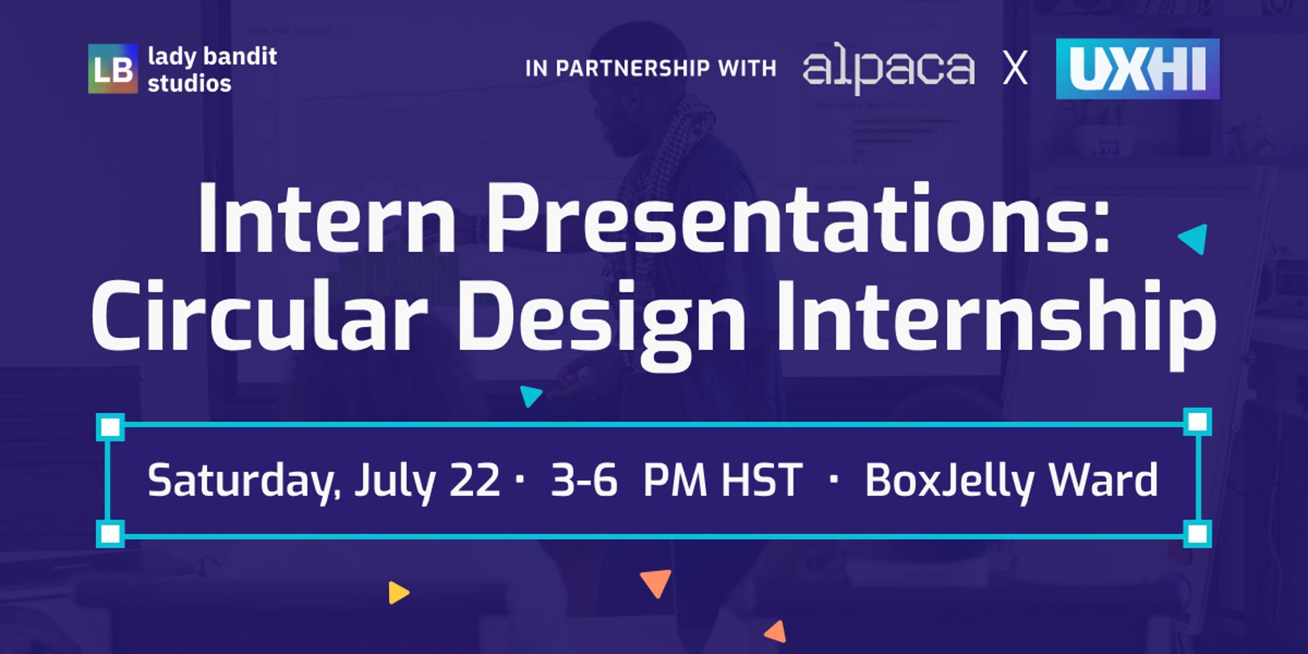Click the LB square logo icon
coord(112,69)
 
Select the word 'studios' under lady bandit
coord(189,83)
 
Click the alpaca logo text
coord(888,68)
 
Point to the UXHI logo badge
coord(1138,69)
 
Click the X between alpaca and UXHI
coord(1015,69)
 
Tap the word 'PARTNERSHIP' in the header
coord(632,68)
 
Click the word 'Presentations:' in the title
coord(798,219)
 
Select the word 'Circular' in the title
coord(260,317)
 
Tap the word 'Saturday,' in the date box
coord(243,482)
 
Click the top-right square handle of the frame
coord(1197,422)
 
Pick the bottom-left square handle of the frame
coord(110,533)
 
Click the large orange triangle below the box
coord(656,582)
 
